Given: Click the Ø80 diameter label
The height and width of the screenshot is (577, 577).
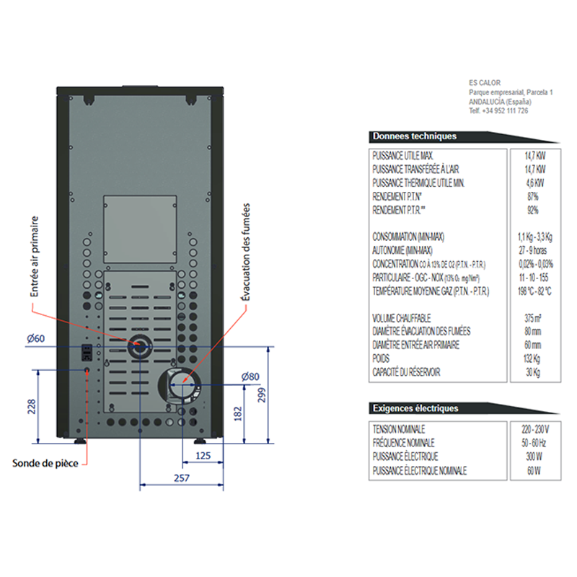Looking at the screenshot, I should click(x=250, y=376).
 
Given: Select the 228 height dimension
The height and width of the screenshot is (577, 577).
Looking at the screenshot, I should click(x=31, y=407).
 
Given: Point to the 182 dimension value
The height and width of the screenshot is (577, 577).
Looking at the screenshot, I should click(x=239, y=413).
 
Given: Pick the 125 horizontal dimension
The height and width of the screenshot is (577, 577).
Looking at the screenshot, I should click(x=203, y=456).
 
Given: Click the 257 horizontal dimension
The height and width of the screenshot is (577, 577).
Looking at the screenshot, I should click(x=182, y=478).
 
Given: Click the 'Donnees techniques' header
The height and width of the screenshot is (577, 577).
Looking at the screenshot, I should click(x=414, y=136).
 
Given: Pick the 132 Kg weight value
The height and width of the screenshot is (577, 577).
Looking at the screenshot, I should click(x=533, y=358).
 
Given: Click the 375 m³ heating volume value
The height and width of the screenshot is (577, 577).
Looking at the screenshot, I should click(x=533, y=318).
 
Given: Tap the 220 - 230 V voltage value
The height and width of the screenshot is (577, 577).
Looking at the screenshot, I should click(x=533, y=428).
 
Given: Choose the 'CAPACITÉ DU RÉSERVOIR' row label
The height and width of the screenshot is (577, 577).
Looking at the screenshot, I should click(x=406, y=372).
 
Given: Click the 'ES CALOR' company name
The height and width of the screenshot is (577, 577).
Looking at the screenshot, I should click(x=484, y=84).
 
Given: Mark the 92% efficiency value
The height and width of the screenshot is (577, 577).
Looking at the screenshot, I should click(x=533, y=210).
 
